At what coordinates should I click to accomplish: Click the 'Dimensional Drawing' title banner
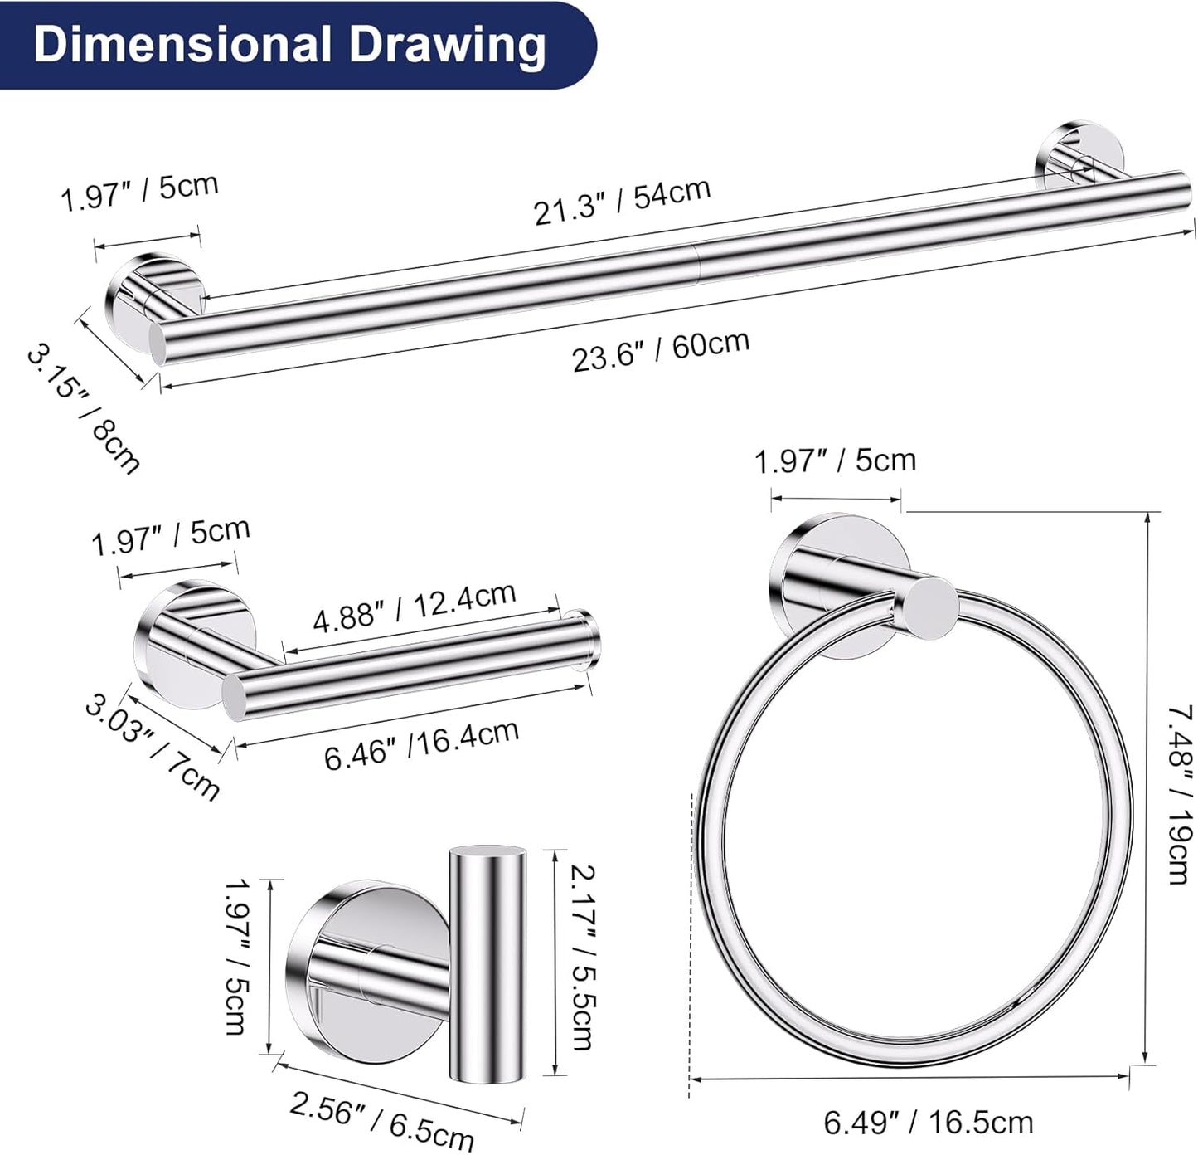(x=298, y=45)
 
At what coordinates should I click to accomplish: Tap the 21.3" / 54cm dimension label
(x=623, y=201)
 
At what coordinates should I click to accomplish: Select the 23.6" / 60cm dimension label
(x=661, y=350)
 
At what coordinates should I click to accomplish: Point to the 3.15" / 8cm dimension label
(x=84, y=410)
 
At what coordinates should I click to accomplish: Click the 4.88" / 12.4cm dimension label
(x=415, y=607)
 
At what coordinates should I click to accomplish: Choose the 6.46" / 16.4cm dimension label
(x=422, y=745)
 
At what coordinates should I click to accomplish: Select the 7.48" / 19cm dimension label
(x=1180, y=795)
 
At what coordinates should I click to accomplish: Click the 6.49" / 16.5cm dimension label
(x=929, y=1123)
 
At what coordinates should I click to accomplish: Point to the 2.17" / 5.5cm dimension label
(x=582, y=958)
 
